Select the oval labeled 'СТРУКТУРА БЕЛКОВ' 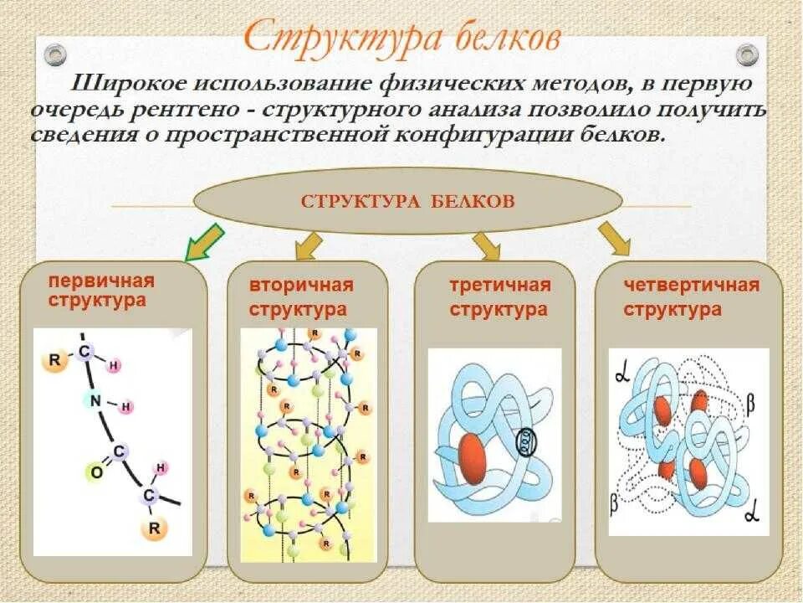[x=408, y=202]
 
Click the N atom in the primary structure [x=95, y=401]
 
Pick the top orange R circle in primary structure [x=54, y=361]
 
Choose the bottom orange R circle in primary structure [x=155, y=529]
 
